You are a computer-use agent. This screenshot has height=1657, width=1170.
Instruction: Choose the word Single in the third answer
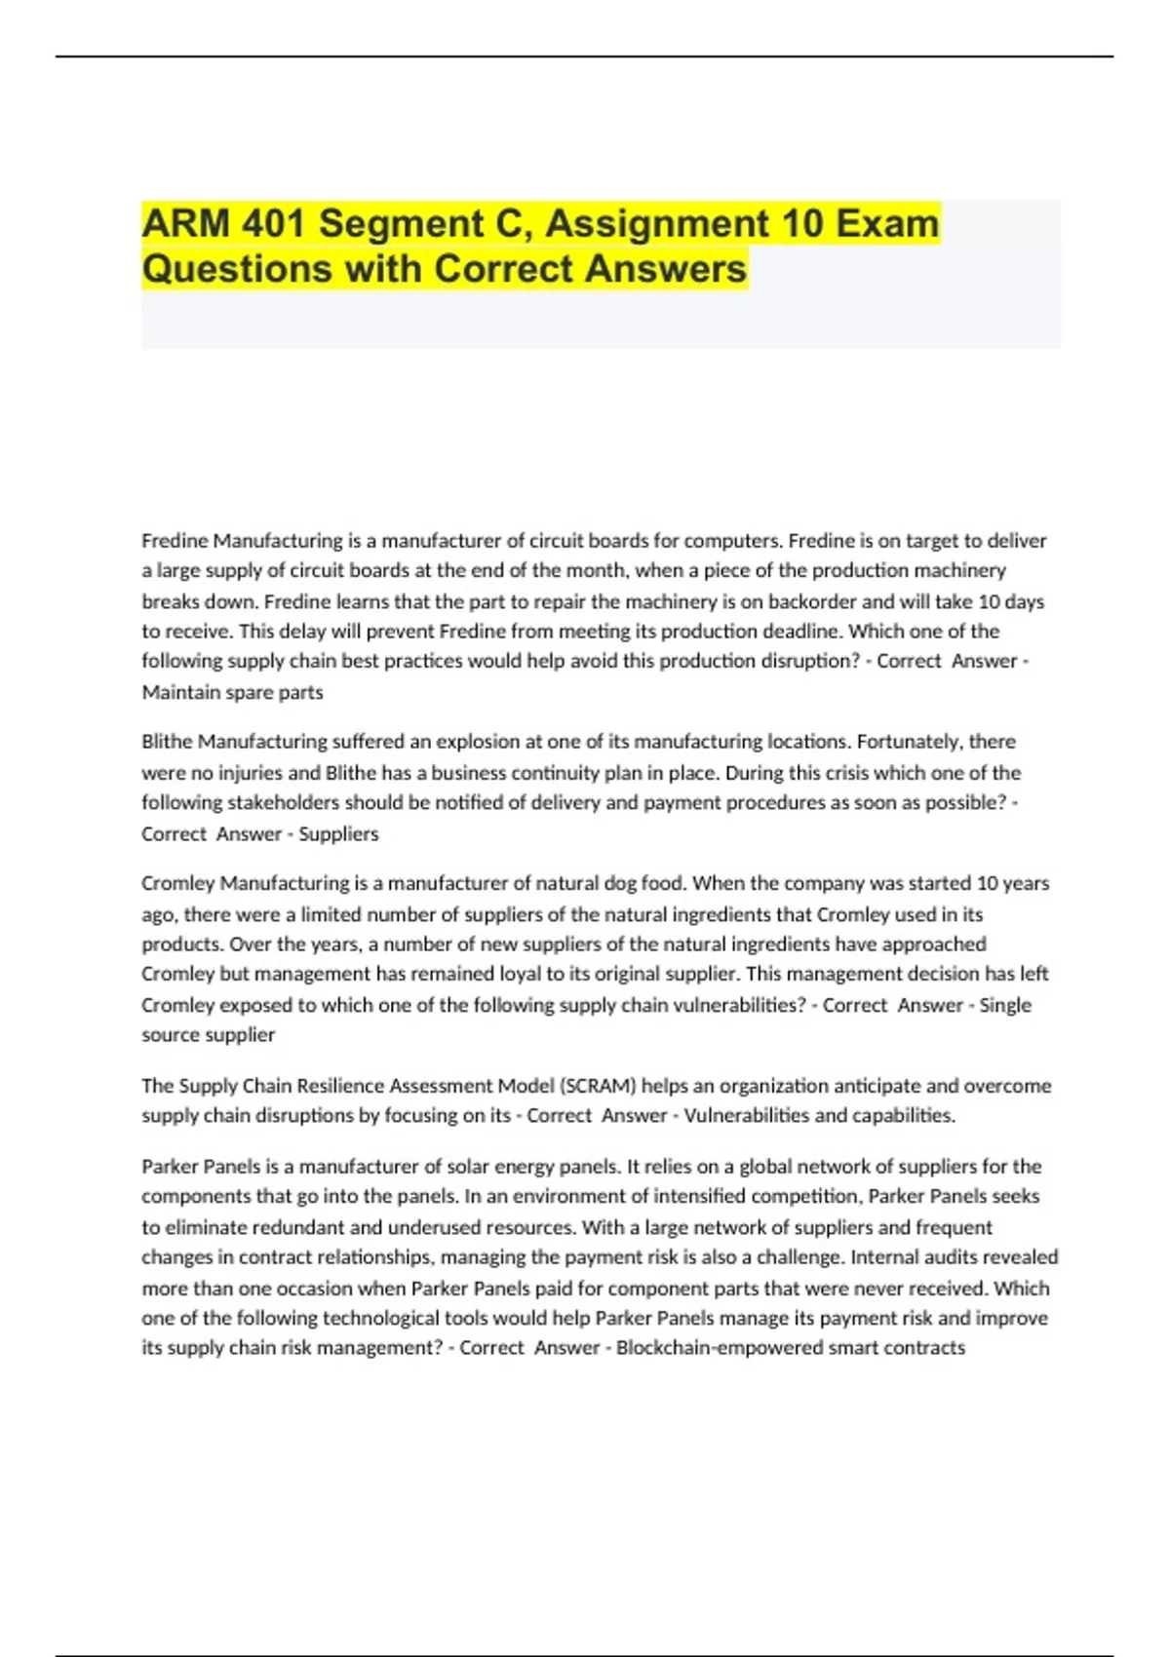coord(1005,1005)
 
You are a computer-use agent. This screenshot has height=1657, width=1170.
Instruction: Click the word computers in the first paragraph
coord(732,541)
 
